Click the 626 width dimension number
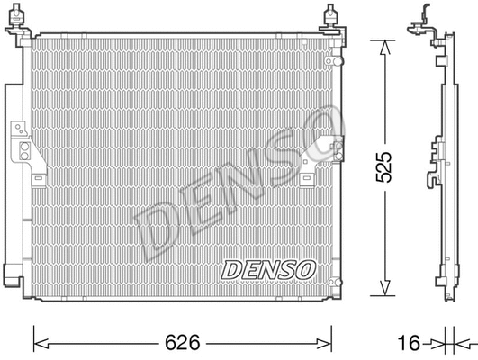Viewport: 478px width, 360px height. click(x=181, y=343)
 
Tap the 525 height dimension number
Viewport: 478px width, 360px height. click(x=384, y=167)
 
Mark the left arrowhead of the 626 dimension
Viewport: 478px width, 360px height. click(x=39, y=342)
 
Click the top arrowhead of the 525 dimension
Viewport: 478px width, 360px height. click(x=384, y=45)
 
